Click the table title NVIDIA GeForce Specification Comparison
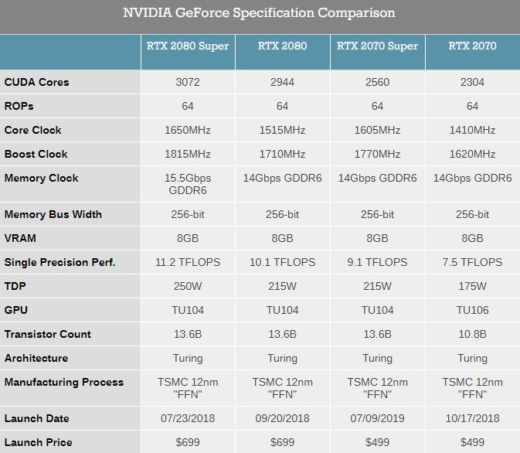(x=260, y=13)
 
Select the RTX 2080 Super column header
(x=188, y=46)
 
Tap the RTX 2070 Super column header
(x=377, y=46)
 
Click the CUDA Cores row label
(x=36, y=82)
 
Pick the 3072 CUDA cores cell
(x=188, y=82)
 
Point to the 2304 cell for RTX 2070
(x=472, y=82)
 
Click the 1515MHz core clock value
(x=282, y=130)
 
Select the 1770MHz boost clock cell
(x=377, y=154)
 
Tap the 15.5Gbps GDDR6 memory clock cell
(x=188, y=184)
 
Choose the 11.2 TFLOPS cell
(x=188, y=262)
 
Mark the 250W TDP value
(x=188, y=286)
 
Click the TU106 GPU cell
(x=472, y=310)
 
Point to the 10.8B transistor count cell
(x=472, y=334)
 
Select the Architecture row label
(x=36, y=358)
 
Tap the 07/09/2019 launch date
(x=377, y=418)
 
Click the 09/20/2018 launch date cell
(x=282, y=418)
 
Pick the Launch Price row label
(x=38, y=442)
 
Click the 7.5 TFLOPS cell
(x=472, y=262)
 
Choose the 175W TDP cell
(x=472, y=286)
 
